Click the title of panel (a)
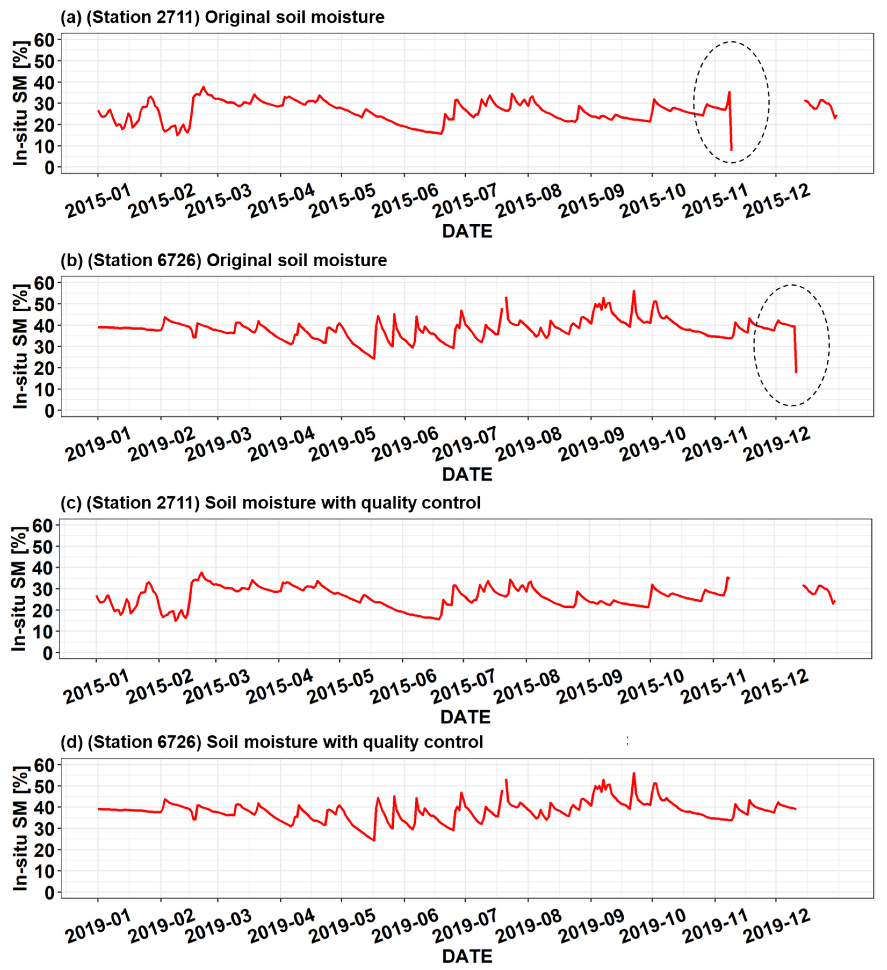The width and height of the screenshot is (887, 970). pos(222,17)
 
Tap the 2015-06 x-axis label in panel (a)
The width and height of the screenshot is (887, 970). pos(405,201)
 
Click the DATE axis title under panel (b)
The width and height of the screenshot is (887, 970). pos(467,475)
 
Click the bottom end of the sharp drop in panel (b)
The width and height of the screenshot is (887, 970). pos(796,372)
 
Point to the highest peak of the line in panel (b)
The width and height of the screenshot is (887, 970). pos(634,291)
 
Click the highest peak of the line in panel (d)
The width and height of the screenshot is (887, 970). pos(634,773)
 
